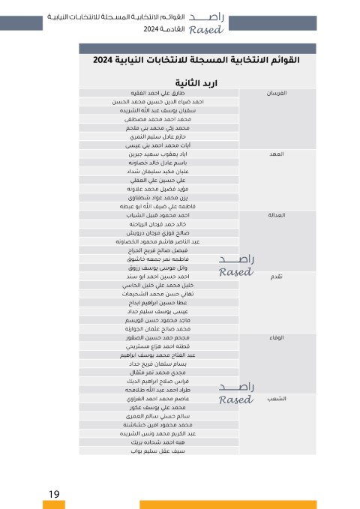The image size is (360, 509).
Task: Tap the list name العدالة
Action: click(x=269, y=214)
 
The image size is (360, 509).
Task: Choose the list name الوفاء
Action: click(x=272, y=337)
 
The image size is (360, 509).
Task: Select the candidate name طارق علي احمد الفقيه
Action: click(x=158, y=93)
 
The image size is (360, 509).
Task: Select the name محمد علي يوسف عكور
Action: click(x=159, y=408)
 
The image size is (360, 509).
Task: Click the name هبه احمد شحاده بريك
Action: click(x=159, y=443)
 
